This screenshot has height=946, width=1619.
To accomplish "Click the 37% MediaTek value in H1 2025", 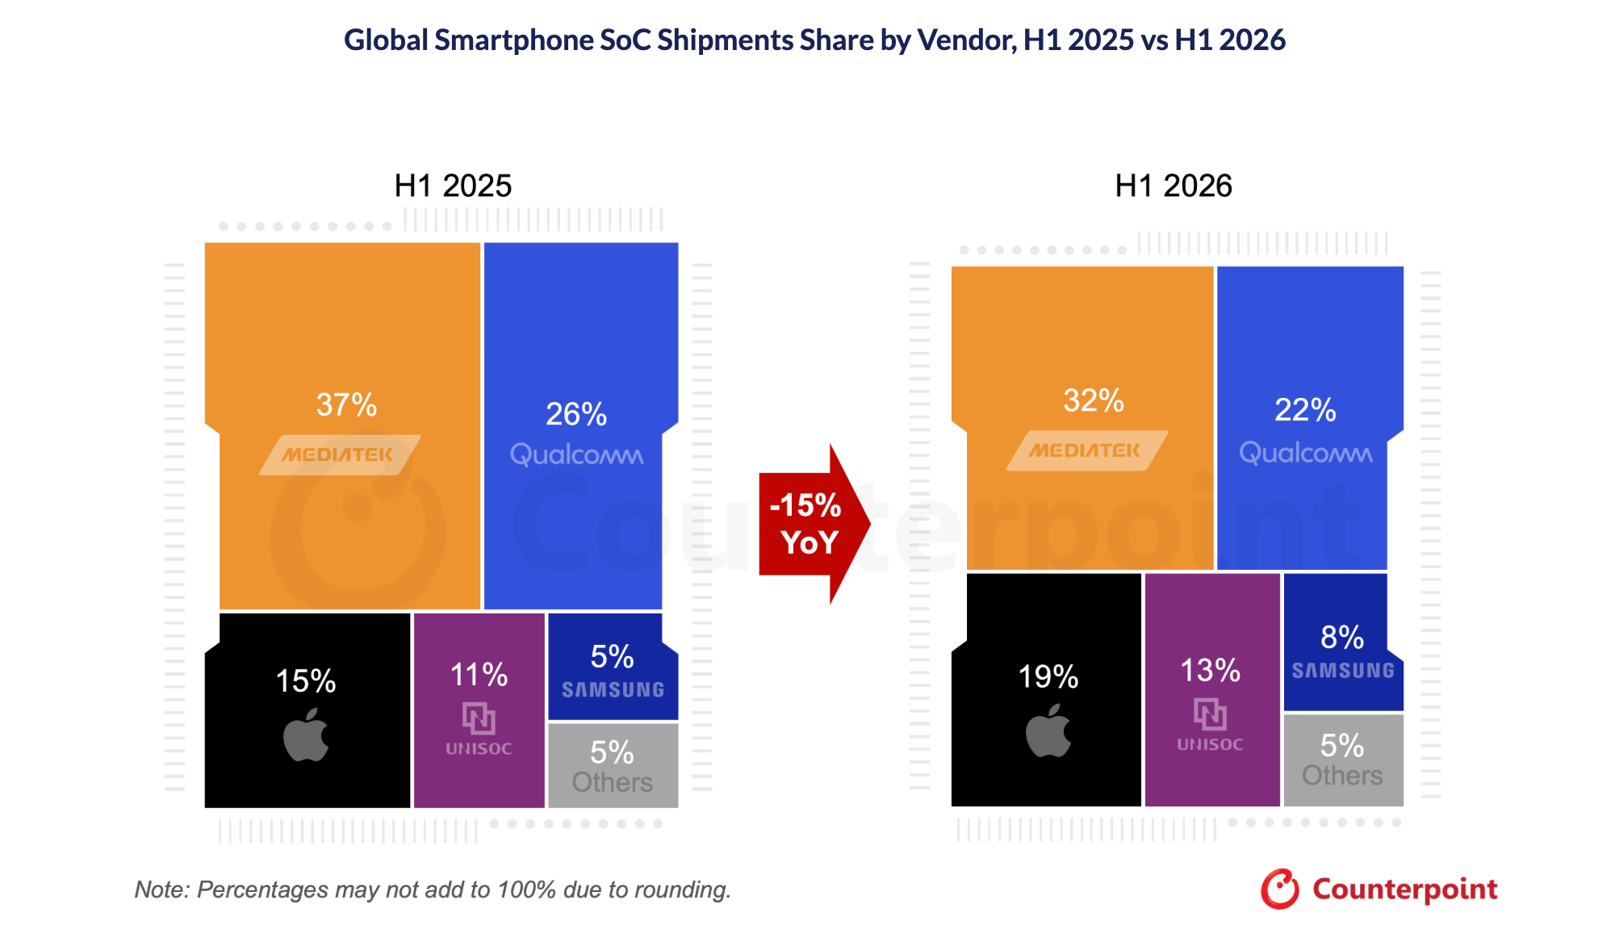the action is click(x=346, y=405).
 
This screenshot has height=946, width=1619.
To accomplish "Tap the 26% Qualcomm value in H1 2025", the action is click(x=576, y=414).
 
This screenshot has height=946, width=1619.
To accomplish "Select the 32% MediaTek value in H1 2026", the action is click(x=1094, y=400).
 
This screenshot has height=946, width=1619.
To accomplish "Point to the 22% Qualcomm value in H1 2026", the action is click(x=1305, y=410).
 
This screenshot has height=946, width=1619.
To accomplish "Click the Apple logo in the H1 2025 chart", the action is click(x=306, y=735).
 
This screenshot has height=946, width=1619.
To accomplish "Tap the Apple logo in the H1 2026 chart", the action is click(x=1048, y=730).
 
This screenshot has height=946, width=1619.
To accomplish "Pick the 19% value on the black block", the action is click(x=1048, y=676).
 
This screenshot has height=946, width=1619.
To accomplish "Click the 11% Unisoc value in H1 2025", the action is click(x=479, y=675).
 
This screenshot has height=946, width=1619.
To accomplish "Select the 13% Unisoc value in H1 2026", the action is click(x=1210, y=670).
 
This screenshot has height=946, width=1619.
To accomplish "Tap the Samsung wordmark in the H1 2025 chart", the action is click(x=613, y=690).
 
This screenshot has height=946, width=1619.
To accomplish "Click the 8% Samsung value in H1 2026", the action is click(x=1342, y=638).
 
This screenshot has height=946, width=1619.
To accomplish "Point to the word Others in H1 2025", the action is click(x=613, y=782).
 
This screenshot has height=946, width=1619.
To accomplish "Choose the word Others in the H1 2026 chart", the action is click(x=1342, y=776).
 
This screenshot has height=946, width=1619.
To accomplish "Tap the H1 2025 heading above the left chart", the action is click(x=453, y=186).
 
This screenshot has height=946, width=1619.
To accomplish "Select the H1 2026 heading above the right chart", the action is click(x=1173, y=186).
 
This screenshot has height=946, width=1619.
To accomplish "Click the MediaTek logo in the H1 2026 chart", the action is click(x=1087, y=450).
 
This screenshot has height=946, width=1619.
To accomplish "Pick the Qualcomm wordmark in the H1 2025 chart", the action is click(x=576, y=454).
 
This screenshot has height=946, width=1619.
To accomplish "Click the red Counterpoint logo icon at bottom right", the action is click(x=1280, y=889).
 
